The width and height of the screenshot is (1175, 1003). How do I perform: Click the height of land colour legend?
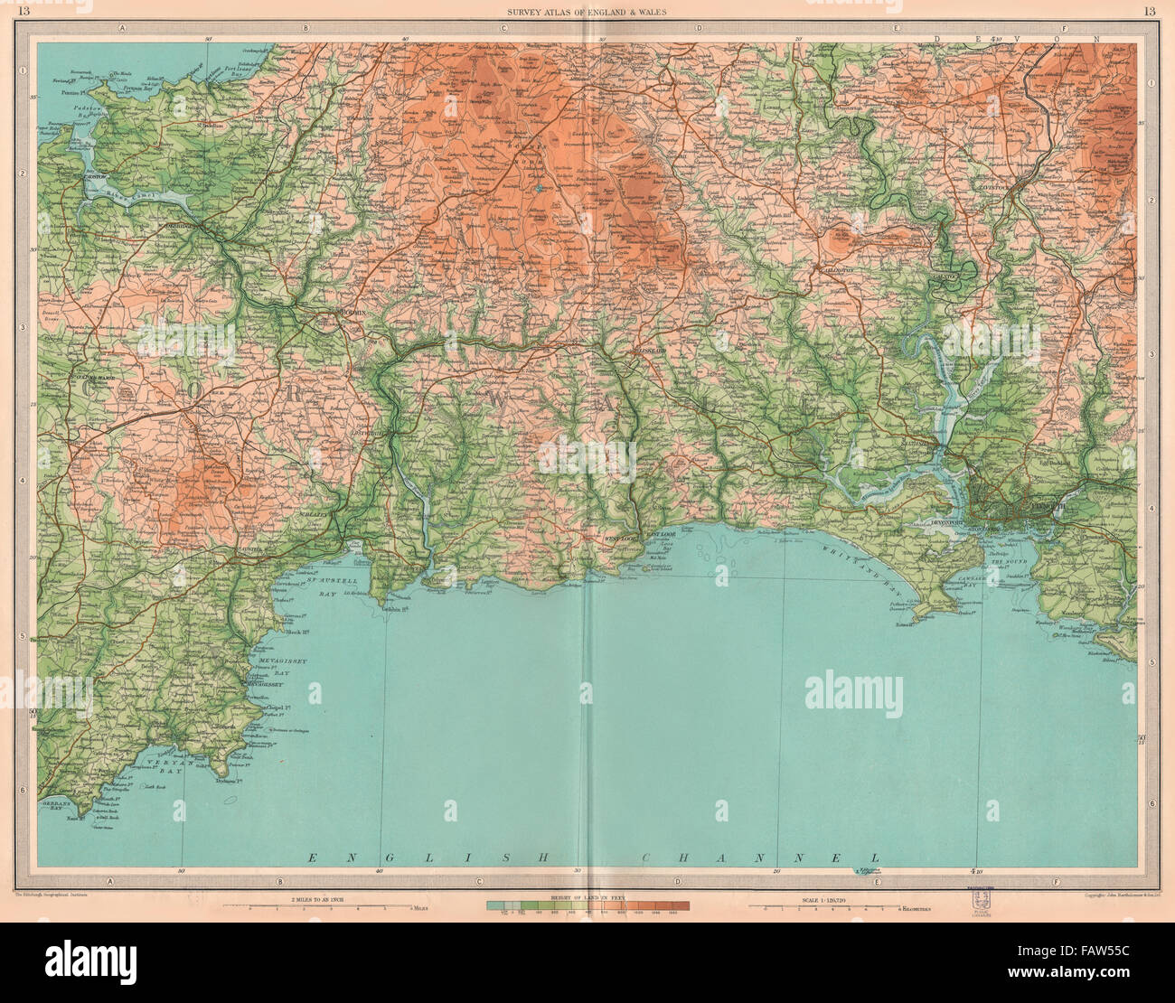point(587,905)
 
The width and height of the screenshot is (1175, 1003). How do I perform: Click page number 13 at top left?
point(24,11)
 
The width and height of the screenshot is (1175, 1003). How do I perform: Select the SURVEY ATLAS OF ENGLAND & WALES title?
point(587,11)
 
